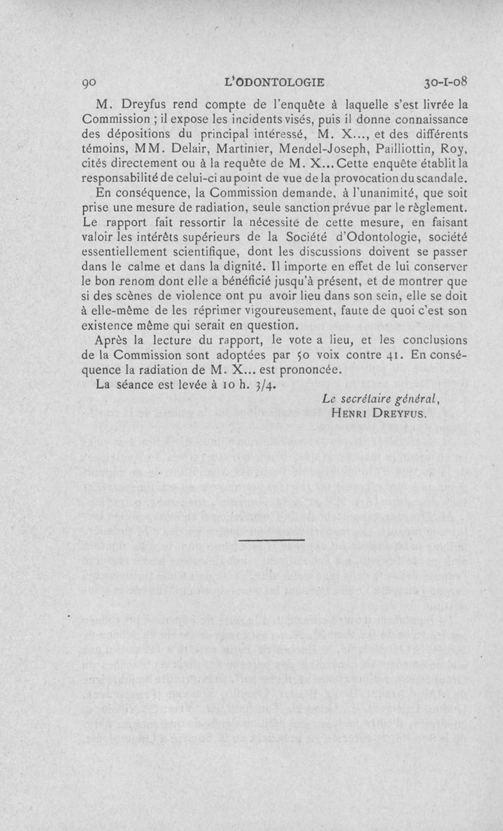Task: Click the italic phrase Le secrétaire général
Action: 379,399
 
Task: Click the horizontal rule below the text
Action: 272,540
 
